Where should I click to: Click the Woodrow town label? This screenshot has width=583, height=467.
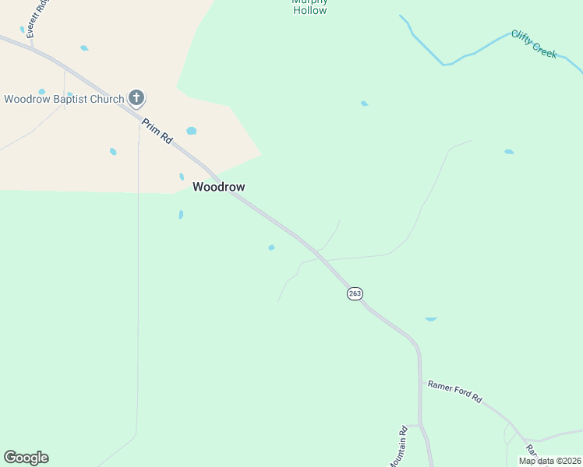coord(219,187)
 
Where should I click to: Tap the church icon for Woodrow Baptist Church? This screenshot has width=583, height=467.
coord(136,98)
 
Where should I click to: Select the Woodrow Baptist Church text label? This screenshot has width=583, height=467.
coord(64,99)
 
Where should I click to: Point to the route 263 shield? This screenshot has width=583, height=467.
coord(355,293)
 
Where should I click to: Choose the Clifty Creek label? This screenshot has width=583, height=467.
coord(534,44)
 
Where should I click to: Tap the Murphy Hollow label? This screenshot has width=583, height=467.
coord(309,7)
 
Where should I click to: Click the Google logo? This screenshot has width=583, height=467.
coord(26,458)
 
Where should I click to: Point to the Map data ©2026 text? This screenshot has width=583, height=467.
coord(549,461)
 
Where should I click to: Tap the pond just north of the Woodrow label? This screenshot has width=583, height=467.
coord(182,177)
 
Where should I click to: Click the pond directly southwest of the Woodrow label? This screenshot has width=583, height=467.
coord(181,214)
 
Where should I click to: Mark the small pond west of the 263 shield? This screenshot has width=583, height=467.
coord(271,248)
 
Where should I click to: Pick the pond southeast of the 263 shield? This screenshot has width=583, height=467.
coord(430,319)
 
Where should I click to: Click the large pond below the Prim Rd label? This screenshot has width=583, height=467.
coord(191,131)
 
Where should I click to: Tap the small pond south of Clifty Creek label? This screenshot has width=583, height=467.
coord(509,152)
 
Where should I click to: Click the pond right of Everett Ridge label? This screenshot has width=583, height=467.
coord(83,48)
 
